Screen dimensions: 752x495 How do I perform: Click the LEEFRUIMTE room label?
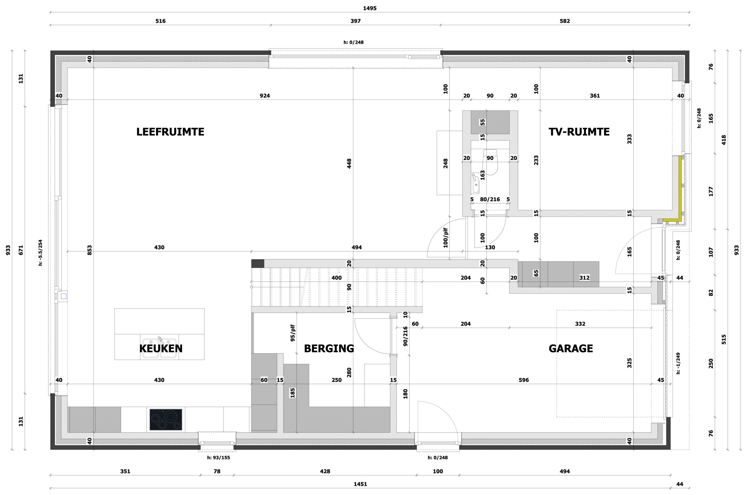(170, 132)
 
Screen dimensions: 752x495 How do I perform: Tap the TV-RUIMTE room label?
(579, 132)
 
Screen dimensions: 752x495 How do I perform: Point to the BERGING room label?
(329, 348)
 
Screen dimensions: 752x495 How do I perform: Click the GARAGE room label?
(571, 348)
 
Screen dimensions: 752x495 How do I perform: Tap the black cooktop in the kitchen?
(166, 419)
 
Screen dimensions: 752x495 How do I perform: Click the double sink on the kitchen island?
(159, 348)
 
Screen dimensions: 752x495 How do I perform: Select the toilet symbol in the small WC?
(490, 162)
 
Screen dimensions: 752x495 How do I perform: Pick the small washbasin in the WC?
(475, 183)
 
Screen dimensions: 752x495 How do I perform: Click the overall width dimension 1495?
(370, 8)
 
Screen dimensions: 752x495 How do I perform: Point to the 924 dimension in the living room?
(265, 96)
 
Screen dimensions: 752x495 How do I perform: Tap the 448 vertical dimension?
(349, 163)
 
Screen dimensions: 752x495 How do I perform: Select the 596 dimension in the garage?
(523, 380)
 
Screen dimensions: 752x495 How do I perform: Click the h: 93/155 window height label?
(219, 457)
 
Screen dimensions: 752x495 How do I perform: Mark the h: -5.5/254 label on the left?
(41, 252)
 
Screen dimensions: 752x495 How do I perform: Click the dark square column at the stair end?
(258, 263)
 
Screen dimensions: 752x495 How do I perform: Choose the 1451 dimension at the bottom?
(360, 484)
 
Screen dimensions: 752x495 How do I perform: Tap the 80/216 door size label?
(490, 200)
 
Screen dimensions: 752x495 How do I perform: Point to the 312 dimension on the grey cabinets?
(584, 278)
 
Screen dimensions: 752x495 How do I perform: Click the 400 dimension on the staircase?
(337, 278)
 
